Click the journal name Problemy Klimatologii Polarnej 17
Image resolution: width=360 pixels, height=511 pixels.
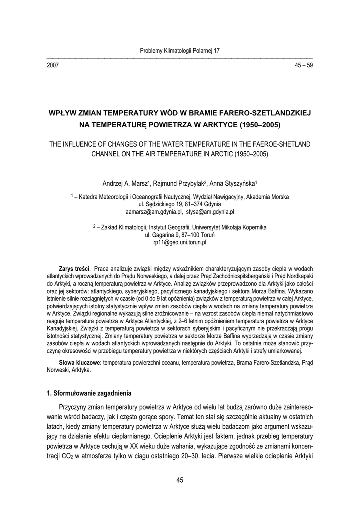click(x=180, y=51)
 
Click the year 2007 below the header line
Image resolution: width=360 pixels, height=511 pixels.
click(x=52, y=65)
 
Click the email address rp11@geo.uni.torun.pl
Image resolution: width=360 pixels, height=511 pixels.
click(x=180, y=242)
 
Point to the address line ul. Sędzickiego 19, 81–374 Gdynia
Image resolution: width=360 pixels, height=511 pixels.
click(x=180, y=204)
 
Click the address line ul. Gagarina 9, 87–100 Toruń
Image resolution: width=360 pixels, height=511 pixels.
click(x=180, y=235)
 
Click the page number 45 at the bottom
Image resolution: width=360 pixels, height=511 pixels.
click(x=180, y=480)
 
